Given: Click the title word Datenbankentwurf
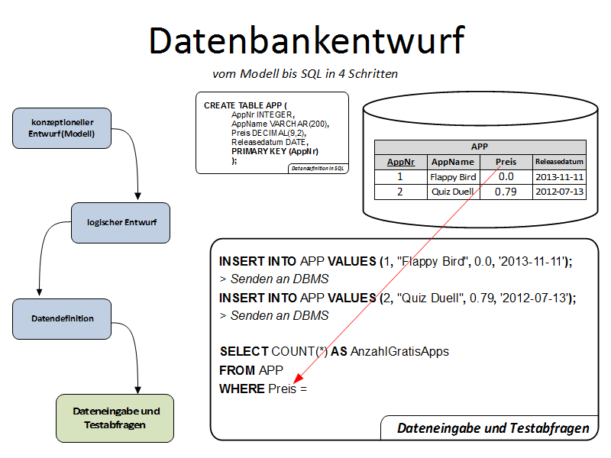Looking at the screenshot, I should tap(305, 40).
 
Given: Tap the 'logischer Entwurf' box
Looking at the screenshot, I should tap(121, 222).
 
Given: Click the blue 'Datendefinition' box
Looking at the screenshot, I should tap(63, 318).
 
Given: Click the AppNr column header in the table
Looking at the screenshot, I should tap(401, 162).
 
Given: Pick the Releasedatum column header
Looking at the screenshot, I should tap(559, 162).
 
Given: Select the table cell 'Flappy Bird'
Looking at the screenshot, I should tap(453, 177).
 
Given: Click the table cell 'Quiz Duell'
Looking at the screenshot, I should tap(453, 192).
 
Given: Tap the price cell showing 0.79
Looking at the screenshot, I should tap(506, 192).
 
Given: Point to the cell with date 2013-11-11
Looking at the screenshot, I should tap(559, 177).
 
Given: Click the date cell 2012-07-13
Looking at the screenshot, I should tap(559, 192).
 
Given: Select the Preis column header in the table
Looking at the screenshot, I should tap(506, 162).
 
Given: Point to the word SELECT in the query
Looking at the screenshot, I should tap(244, 352).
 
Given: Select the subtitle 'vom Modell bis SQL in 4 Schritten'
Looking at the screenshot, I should tap(305, 74).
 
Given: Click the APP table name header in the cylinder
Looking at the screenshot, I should tap(480, 147).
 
